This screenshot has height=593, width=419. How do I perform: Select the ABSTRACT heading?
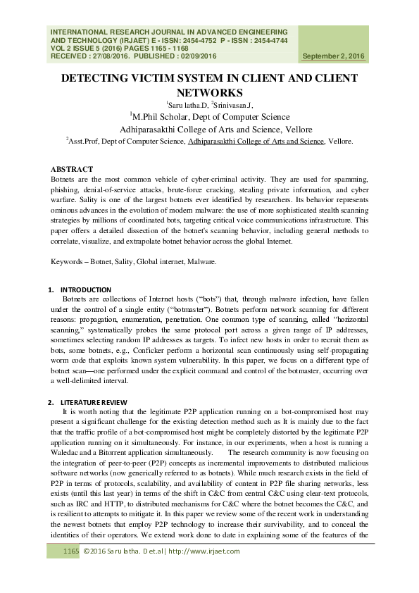click(72, 170)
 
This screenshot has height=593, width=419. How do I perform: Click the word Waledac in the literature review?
click(68, 450)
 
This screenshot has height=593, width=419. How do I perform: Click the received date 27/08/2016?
click(115, 56)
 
